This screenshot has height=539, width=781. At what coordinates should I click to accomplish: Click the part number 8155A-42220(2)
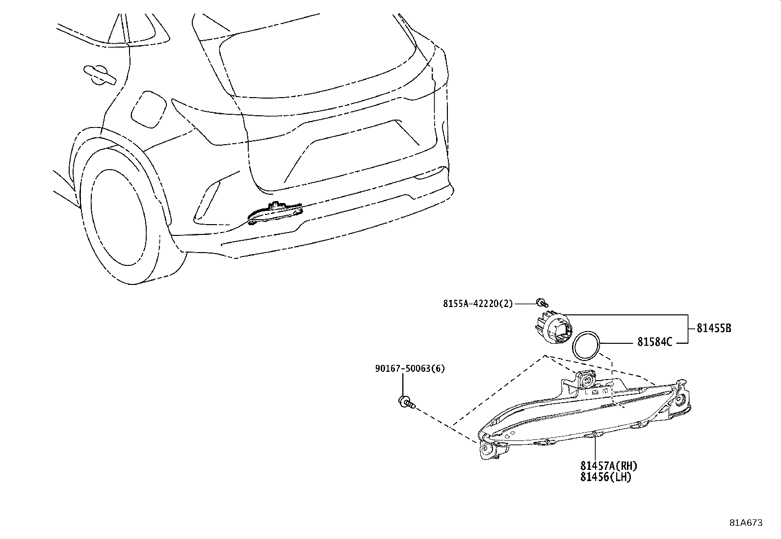click(478, 304)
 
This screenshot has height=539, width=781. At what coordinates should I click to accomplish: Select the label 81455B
click(714, 328)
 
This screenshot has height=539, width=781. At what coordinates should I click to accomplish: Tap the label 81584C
click(654, 342)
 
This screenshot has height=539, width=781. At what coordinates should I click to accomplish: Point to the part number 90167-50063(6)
click(410, 368)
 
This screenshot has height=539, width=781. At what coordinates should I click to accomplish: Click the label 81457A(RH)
click(609, 465)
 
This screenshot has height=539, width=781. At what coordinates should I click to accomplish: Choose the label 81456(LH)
click(606, 477)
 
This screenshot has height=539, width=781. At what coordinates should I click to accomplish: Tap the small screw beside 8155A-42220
click(542, 303)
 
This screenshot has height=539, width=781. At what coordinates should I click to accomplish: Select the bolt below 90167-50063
click(407, 403)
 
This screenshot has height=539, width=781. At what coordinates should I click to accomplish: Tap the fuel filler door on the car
click(149, 109)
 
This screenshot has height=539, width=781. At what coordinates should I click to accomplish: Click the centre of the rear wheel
click(118, 217)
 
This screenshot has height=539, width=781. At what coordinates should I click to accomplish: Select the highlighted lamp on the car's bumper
click(275, 213)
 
